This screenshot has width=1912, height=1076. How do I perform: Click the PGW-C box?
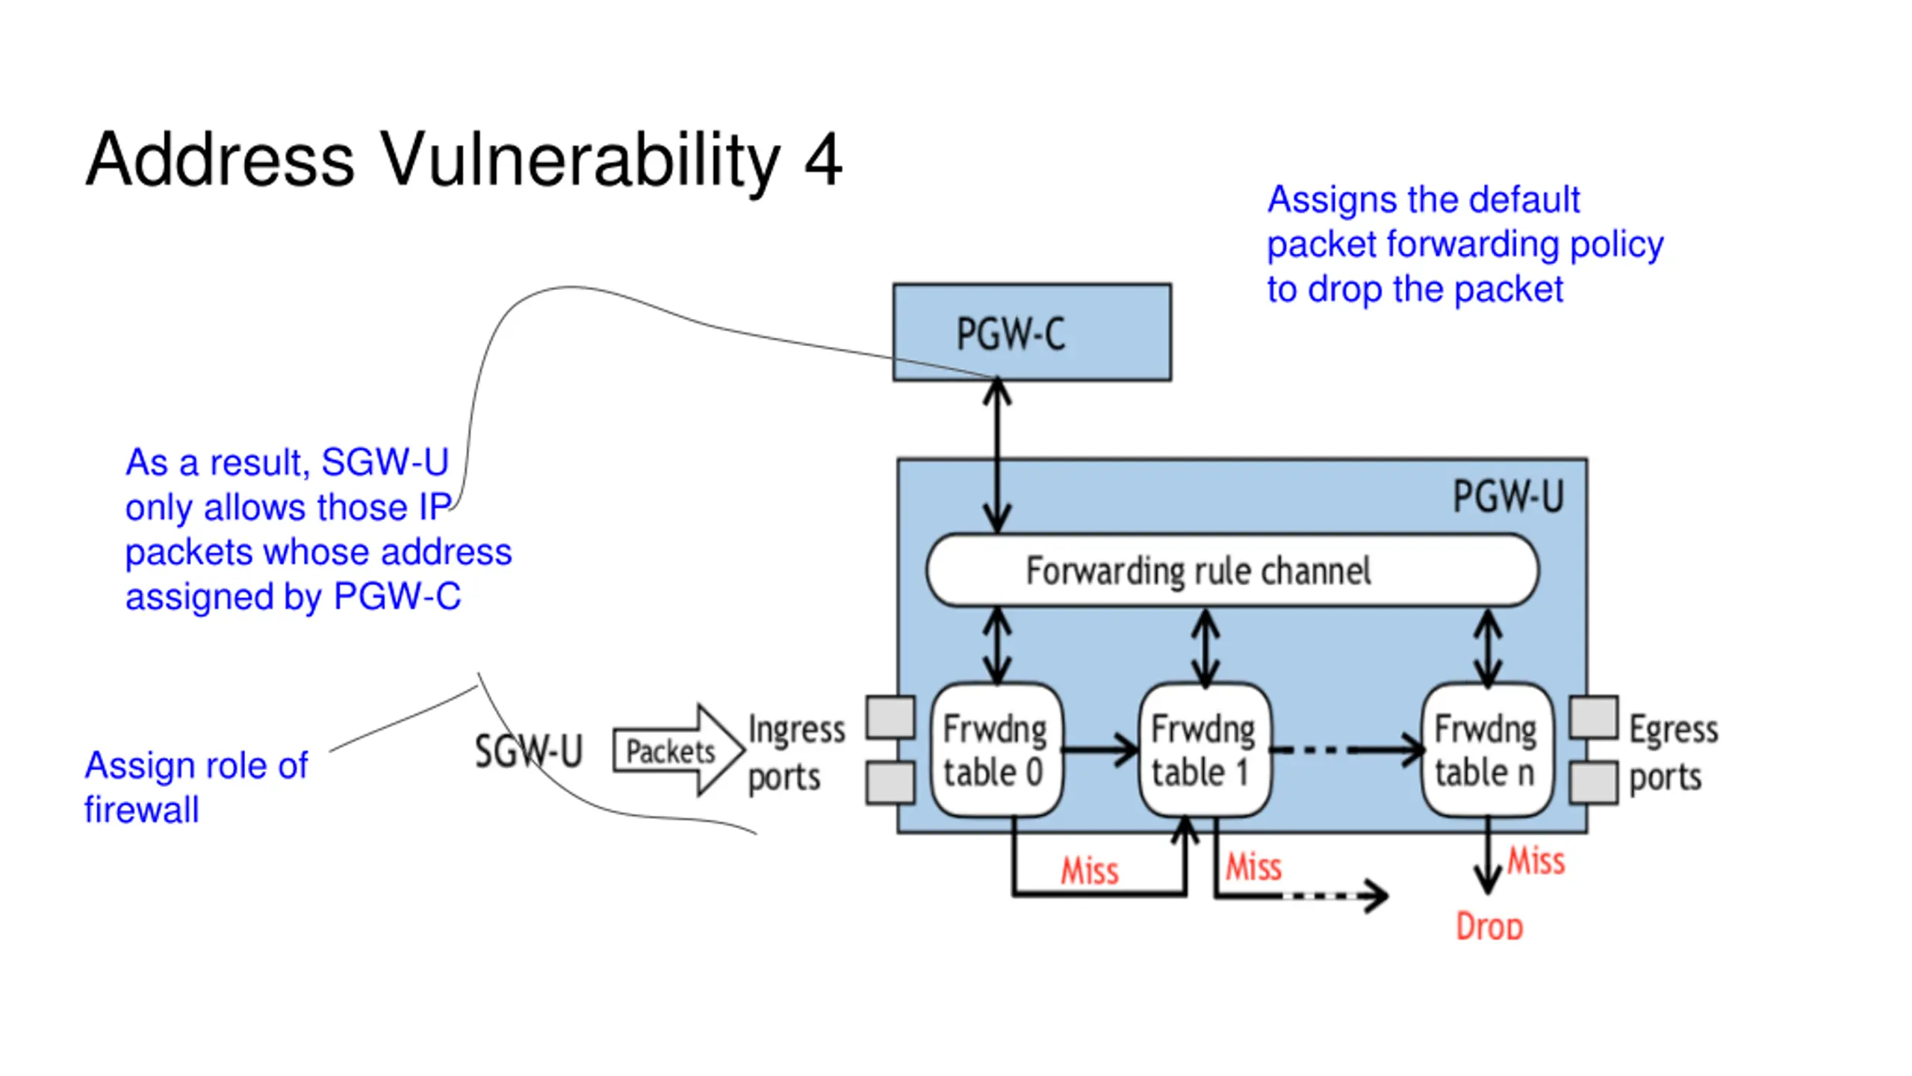[1031, 333]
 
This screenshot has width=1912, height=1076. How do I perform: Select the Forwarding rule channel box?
[1232, 570]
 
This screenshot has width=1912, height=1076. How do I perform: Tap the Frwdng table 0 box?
[996, 749]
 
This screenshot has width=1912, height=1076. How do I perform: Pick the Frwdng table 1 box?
[1205, 749]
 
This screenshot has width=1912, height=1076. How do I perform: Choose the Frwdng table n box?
[1488, 749]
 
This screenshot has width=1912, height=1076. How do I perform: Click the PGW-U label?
[1508, 496]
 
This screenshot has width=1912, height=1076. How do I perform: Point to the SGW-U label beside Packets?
[528, 751]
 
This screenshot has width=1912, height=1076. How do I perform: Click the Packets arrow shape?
[678, 750]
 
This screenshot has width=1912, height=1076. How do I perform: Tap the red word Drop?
[1489, 927]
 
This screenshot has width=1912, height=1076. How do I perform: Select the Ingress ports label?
[796, 753]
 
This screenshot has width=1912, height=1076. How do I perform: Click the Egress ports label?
[1673, 753]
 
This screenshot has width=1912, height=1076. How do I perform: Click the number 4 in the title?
[823, 159]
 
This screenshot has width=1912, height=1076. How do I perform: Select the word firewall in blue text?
[142, 810]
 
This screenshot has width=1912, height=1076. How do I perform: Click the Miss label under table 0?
[1090, 871]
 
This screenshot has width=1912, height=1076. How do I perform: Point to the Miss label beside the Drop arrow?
[1536, 861]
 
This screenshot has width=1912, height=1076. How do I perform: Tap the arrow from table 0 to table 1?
[1100, 749]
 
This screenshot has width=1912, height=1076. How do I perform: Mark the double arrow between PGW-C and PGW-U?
[997, 457]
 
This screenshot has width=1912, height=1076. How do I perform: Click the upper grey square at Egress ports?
[1594, 717]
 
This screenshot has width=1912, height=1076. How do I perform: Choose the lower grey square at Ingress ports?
[890, 782]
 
